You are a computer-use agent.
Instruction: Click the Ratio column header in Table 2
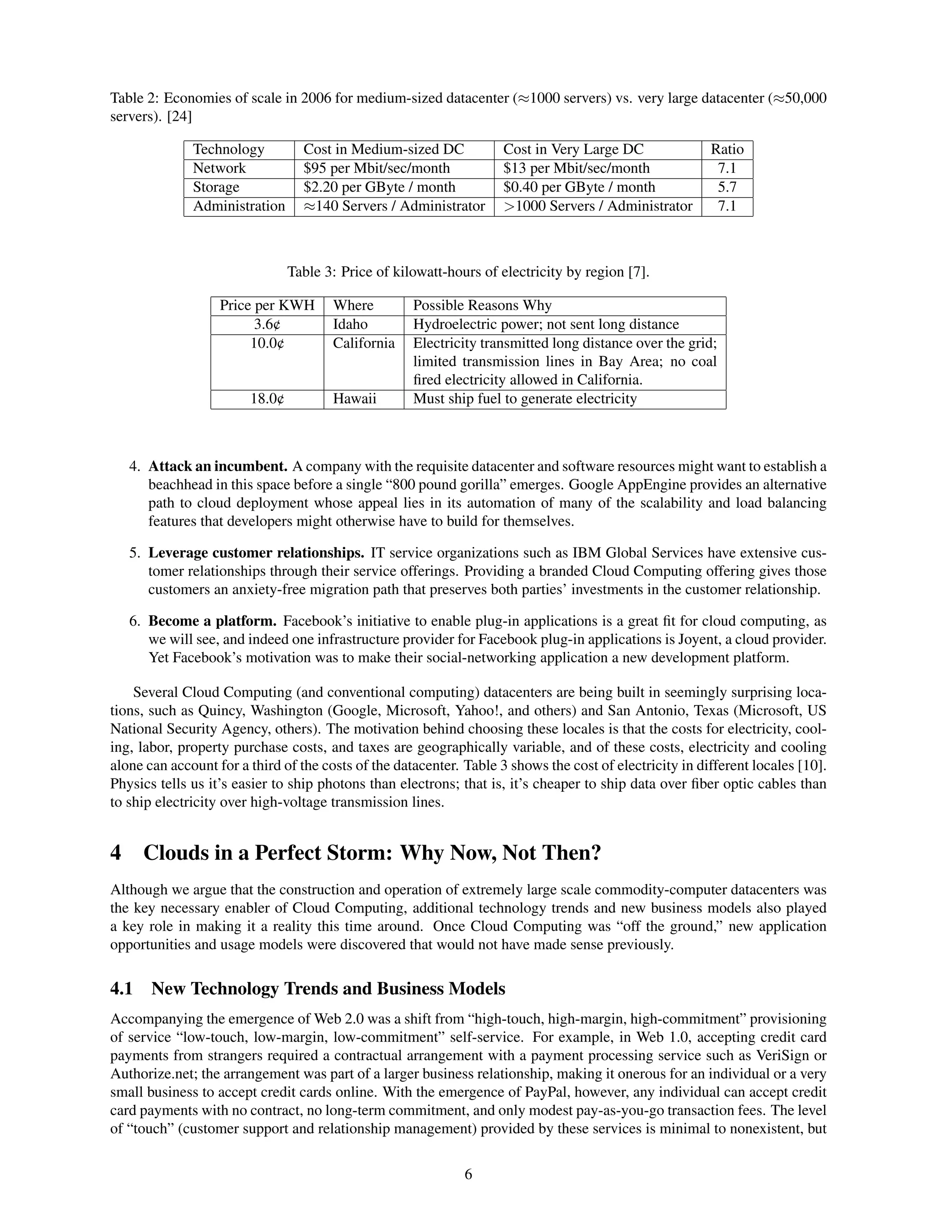[727, 149]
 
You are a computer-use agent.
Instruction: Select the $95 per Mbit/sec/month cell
[377, 168]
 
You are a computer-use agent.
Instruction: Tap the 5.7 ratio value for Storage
[727, 187]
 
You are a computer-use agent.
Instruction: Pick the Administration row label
[239, 206]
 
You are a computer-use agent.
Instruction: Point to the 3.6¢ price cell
[267, 325]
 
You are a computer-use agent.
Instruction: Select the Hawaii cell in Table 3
[354, 399]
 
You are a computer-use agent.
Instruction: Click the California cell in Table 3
[364, 343]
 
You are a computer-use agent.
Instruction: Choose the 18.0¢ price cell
[267, 399]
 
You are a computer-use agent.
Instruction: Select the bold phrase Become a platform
[212, 621]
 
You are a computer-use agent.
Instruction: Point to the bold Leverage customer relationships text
[256, 553]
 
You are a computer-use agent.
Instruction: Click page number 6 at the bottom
[468, 1174]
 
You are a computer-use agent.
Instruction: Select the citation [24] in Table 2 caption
[179, 117]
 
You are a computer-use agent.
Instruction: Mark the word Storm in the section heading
[359, 853]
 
